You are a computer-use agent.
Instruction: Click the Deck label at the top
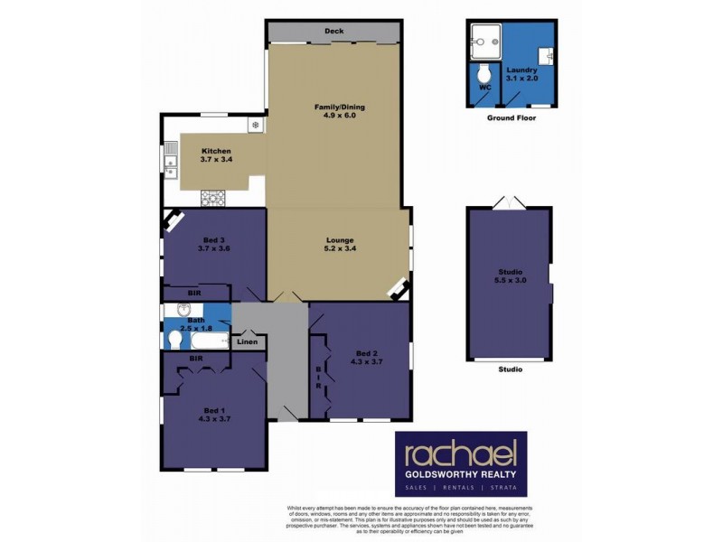(334, 32)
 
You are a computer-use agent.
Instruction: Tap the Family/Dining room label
(333, 110)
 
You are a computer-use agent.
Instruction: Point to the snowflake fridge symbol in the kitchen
(256, 124)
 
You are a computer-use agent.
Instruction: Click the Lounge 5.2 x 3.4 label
(339, 245)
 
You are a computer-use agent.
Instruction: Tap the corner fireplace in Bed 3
(171, 220)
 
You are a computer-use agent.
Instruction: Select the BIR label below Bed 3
(193, 294)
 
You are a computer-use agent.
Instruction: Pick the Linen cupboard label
(247, 341)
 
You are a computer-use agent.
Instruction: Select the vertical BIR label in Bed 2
(318, 378)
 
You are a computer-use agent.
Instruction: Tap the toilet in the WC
(484, 73)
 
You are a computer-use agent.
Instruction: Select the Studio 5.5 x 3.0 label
(510, 276)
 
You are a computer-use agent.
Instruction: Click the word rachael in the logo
(461, 454)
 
